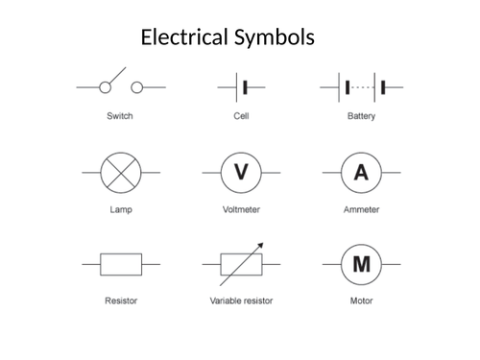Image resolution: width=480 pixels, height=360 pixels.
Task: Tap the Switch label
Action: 120,117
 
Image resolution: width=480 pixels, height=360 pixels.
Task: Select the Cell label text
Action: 241,117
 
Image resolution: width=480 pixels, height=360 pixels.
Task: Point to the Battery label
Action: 361,117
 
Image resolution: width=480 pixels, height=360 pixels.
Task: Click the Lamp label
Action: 121,209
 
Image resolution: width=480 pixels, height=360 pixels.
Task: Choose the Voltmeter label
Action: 241,209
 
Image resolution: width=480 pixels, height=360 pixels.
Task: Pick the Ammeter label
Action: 361,209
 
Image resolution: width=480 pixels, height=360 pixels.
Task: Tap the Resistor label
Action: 121,300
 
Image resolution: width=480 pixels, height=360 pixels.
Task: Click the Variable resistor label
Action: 241,300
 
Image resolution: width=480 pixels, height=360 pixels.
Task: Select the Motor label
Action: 361,300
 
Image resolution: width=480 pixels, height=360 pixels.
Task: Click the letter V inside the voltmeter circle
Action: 241,173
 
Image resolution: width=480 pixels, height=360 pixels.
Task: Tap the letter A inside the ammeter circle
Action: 361,173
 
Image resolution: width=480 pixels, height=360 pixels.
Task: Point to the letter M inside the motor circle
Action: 361,264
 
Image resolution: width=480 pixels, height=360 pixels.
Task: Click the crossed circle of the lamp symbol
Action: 121,173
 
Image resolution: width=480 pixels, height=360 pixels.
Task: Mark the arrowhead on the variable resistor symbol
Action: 260,247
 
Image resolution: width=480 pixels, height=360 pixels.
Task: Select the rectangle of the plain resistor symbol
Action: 121,264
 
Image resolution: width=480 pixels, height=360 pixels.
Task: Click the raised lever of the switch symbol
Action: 114,76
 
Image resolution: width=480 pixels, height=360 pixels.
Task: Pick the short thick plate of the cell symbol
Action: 246,87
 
